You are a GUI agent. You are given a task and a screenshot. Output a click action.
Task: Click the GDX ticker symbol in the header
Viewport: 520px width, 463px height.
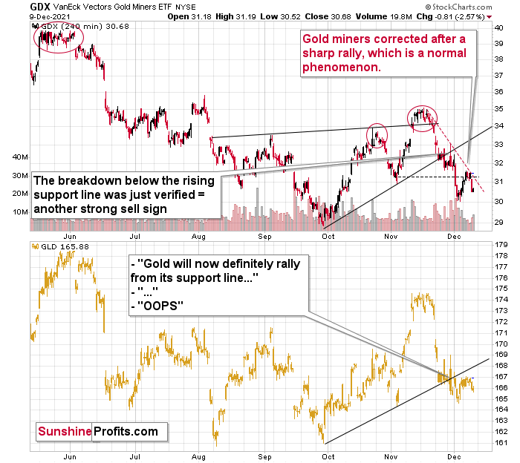click(19, 6)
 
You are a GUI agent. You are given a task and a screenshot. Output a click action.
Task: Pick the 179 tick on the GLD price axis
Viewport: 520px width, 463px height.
click(499, 244)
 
